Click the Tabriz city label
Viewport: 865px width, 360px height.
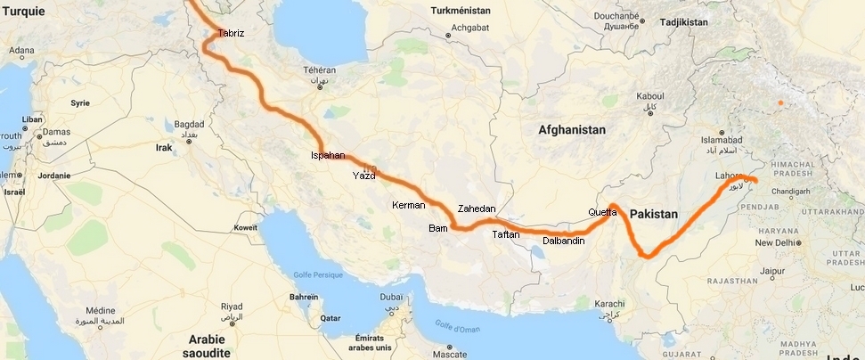click(231, 34)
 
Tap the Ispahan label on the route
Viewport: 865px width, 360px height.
click(327, 155)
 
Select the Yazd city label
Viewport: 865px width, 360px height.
click(363, 176)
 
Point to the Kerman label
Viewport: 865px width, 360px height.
click(409, 205)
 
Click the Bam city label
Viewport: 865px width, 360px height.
click(437, 228)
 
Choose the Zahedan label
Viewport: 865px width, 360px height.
click(476, 209)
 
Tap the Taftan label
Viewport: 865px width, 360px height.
click(505, 235)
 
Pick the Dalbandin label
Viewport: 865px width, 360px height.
click(563, 241)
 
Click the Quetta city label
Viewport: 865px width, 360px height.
click(602, 212)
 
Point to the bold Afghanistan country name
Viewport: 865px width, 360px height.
click(572, 130)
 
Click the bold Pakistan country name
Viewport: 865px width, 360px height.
click(654, 215)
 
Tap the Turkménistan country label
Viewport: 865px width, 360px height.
click(461, 11)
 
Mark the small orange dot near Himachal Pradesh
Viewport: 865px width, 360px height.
click(779, 103)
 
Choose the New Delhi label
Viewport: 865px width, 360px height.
click(773, 242)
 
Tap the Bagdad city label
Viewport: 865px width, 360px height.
click(189, 124)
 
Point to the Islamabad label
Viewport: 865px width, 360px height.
click(721, 141)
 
